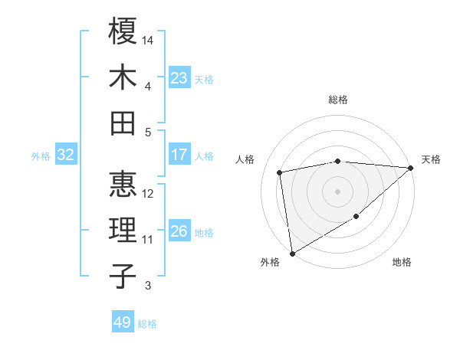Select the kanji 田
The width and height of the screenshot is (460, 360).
click(123, 123)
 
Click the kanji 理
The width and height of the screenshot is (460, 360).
click(123, 230)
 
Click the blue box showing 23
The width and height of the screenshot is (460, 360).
click(179, 78)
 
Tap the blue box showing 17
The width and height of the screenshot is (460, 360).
click(179, 155)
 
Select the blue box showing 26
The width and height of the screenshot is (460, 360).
click(179, 231)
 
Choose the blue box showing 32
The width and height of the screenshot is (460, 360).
click(66, 155)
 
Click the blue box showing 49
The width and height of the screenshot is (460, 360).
click(123, 322)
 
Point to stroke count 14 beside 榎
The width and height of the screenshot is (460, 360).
click(149, 39)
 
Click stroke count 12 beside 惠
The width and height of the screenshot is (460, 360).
click(149, 193)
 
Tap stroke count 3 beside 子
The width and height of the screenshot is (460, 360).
click(148, 286)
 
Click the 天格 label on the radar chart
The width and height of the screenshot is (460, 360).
click(431, 159)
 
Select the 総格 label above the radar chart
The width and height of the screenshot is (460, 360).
click(338, 100)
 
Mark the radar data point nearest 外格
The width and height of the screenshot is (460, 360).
click(292, 253)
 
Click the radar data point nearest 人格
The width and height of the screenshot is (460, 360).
click(281, 172)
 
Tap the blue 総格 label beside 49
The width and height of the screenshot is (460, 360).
click(148, 324)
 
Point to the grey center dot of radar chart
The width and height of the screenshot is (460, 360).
click(337, 191)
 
